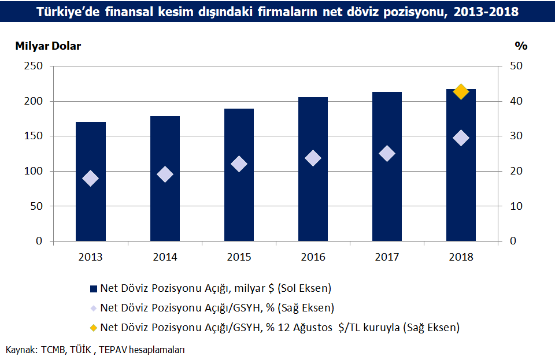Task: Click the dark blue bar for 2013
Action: (91, 181)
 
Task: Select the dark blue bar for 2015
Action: (239, 175)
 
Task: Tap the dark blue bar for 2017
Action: (387, 166)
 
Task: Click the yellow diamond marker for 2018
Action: (461, 92)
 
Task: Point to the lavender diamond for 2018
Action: (461, 138)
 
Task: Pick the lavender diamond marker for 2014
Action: (165, 174)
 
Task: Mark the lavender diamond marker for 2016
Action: (313, 158)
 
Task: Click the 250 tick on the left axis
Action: (34, 66)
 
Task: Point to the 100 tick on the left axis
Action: (34, 171)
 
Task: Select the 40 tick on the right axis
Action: (516, 101)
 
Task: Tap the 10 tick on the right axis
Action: (516, 206)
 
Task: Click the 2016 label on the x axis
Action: (313, 257)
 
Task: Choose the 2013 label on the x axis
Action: (90, 257)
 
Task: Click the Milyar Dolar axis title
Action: (48, 46)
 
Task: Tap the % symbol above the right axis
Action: (521, 46)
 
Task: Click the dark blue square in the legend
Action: (94, 288)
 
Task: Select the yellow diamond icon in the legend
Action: (94, 328)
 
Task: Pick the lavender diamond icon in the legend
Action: (94, 309)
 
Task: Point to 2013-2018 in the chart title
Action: (486, 12)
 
